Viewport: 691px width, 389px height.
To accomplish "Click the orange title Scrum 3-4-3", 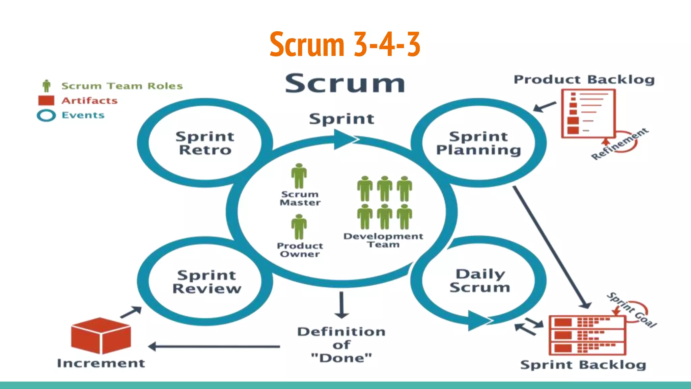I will point(345,44).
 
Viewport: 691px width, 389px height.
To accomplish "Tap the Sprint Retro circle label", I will point(205,143).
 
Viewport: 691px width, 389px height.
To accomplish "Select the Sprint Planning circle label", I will point(478,143).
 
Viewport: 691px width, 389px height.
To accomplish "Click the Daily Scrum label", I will point(480,281).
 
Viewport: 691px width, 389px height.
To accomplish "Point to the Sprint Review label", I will point(206,282).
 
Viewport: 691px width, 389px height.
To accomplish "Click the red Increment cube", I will point(101,336).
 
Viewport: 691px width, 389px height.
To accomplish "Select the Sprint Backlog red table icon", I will point(587,335).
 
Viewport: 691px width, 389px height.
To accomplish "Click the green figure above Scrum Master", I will point(299,176).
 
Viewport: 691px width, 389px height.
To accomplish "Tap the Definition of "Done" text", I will point(341,345).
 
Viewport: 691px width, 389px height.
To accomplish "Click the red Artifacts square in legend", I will point(46,101).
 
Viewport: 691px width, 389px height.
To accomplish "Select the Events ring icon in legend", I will point(46,115).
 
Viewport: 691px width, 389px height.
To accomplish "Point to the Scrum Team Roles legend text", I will point(122,86).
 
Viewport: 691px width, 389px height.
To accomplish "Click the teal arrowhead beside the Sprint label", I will point(344,139).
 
